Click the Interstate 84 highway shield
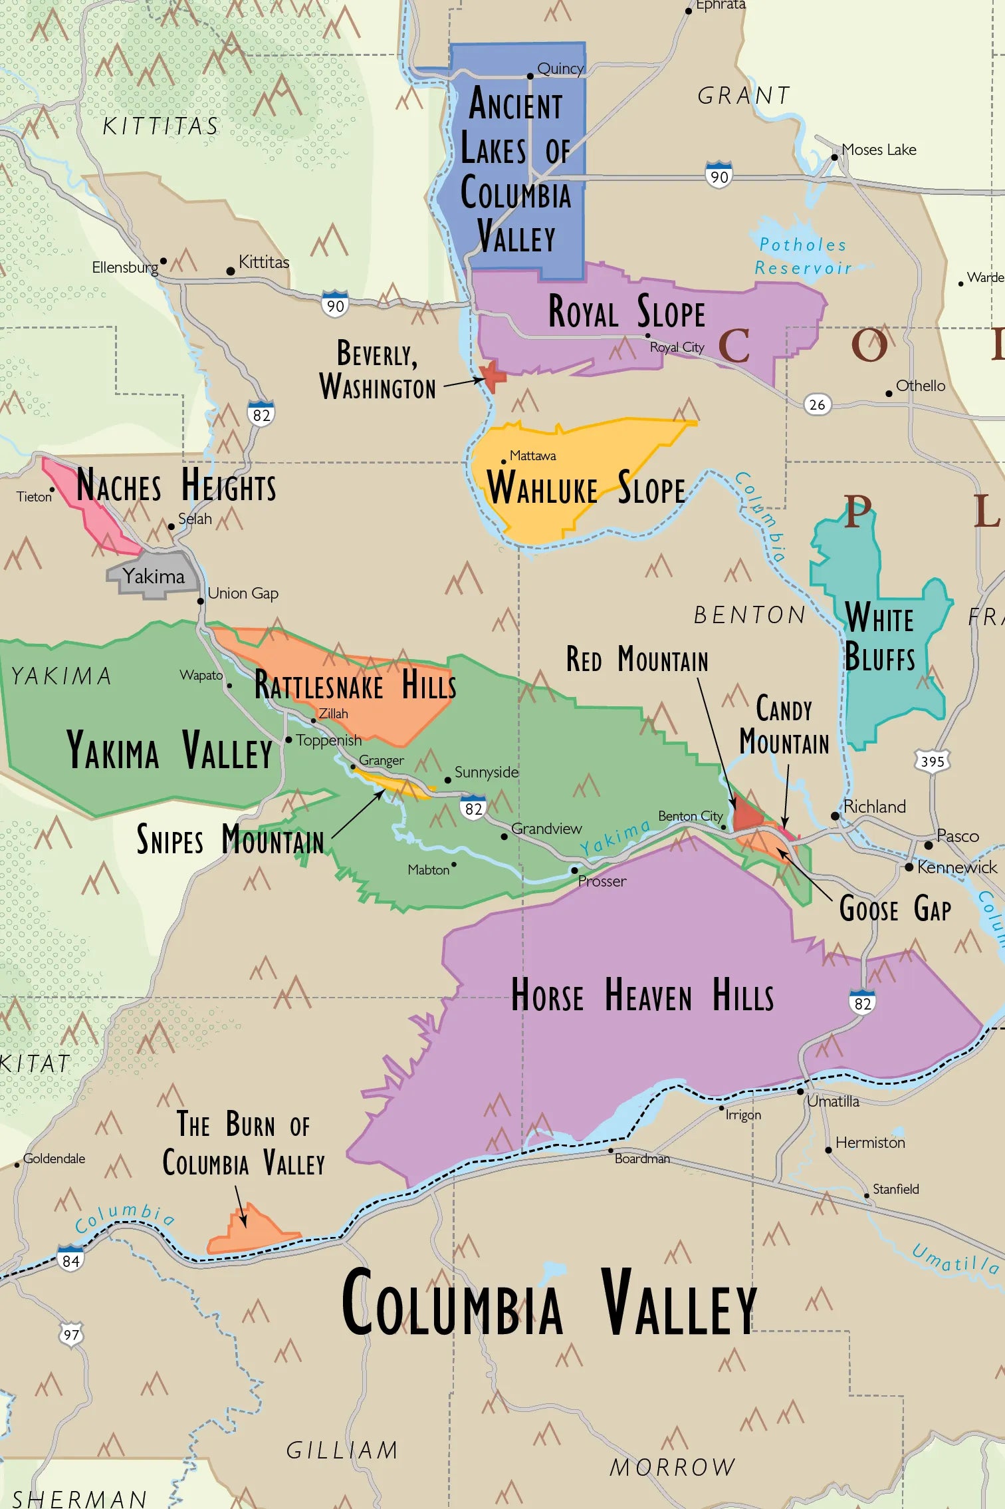pyautogui.click(x=70, y=1259)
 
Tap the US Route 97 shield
pyautogui.click(x=71, y=1334)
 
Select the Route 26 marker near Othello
pyautogui.click(x=817, y=404)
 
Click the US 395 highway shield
pyautogui.click(x=932, y=761)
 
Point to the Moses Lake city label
pyautogui.click(x=879, y=150)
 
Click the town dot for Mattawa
pyautogui.click(x=503, y=462)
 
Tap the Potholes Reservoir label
pyautogui.click(x=803, y=256)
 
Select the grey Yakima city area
pyautogui.click(x=153, y=576)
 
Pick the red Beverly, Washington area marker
pyautogui.click(x=494, y=376)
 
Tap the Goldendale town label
pyautogui.click(x=55, y=1159)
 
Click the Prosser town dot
pyautogui.click(x=574, y=870)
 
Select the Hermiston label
pyautogui.click(x=870, y=1143)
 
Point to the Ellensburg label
pyautogui.click(x=125, y=267)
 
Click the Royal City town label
pyautogui.click(x=677, y=347)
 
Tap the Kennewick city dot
pyautogui.click(x=909, y=867)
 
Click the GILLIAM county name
pyautogui.click(x=342, y=1450)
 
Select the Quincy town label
pyautogui.click(x=560, y=69)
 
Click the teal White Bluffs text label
pyautogui.click(x=879, y=637)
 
